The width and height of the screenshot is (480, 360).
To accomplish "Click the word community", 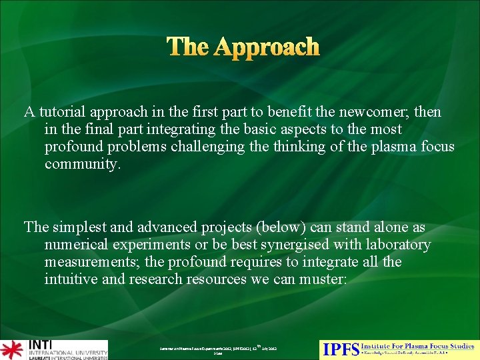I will [x=83, y=164].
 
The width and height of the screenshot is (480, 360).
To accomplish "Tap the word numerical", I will [x=77, y=245].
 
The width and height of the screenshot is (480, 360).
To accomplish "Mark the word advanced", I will [x=170, y=228].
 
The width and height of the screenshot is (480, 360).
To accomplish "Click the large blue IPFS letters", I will [x=340, y=349].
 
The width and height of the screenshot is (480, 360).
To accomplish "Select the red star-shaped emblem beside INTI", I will [x=11, y=349].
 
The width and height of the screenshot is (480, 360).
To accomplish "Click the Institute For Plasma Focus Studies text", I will [x=417, y=345].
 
